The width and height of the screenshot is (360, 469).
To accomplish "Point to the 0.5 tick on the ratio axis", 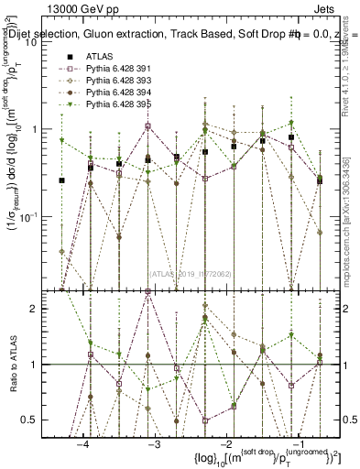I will point(39,420).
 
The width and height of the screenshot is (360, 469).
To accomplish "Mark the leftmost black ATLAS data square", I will point(61,180).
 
